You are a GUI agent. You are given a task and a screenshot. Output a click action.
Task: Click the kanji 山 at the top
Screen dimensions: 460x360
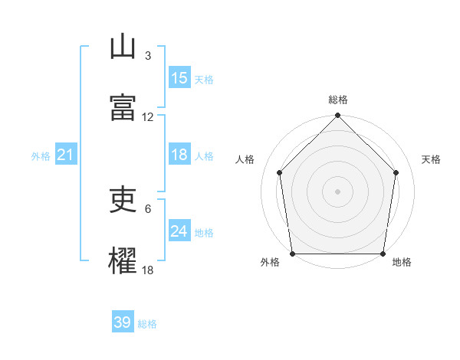[123, 46]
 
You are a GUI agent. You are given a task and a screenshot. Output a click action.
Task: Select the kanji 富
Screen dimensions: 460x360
[123, 107]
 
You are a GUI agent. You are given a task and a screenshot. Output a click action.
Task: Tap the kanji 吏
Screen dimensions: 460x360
[123, 199]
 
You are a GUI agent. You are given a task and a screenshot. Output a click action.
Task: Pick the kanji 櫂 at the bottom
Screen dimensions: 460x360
[123, 260]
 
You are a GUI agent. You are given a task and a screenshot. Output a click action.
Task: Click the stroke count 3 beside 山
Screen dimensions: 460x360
[148, 56]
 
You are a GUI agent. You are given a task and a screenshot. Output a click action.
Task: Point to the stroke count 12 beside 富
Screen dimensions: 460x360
[147, 117]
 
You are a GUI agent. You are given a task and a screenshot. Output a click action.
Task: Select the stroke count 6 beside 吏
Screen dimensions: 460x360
[148, 209]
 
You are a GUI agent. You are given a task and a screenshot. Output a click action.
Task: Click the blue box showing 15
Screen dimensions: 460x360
[179, 77]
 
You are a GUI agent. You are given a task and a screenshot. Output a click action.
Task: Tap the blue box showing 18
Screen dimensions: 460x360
[179, 154]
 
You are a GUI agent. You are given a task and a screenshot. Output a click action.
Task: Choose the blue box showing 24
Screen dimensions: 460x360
[179, 230]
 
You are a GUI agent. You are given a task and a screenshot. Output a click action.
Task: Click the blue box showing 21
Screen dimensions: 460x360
[66, 154]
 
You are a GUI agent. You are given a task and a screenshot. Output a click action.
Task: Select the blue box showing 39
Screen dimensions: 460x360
[123, 321]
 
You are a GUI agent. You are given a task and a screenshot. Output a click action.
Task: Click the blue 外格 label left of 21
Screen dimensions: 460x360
[41, 156]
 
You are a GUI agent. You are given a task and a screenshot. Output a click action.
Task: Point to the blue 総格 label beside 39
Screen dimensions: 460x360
[147, 324]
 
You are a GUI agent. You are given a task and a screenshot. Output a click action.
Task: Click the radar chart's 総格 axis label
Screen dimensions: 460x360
[338, 100]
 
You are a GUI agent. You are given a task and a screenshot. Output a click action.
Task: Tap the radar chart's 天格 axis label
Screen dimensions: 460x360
[431, 159]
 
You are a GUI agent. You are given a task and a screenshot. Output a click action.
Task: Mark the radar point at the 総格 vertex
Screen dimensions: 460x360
[337, 115]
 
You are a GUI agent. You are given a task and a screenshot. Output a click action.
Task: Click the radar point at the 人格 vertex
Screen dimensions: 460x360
[280, 172]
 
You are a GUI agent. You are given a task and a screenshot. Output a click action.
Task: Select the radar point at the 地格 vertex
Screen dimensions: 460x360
[383, 254]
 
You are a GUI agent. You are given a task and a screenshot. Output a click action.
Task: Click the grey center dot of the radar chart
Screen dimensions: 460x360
[337, 191]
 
